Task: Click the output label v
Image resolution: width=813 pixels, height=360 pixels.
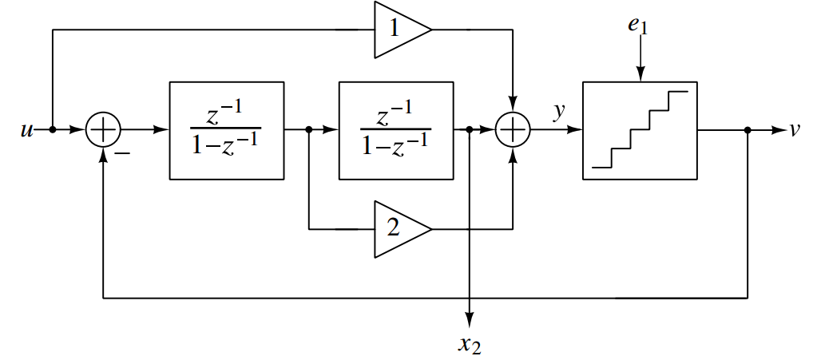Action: point(795,130)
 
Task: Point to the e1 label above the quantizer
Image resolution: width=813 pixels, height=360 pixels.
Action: point(638,26)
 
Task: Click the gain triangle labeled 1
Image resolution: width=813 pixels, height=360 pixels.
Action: point(399,30)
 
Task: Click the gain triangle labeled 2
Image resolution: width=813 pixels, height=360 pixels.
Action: point(399,229)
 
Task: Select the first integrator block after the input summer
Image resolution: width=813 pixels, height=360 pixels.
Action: point(226,130)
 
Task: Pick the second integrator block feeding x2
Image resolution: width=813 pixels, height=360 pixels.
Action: point(396,130)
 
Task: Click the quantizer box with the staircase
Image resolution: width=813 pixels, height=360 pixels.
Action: point(639,130)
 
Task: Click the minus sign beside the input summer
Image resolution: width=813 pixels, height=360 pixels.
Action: point(124,149)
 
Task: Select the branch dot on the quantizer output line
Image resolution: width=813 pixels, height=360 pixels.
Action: point(748,130)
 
